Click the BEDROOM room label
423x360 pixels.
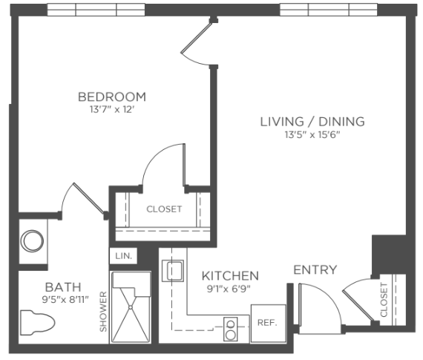[112, 97]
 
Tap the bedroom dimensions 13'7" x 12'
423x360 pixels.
[112, 110]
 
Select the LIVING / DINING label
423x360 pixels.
[312, 122]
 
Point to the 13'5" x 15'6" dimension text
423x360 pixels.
[312, 134]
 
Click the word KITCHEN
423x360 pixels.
[230, 276]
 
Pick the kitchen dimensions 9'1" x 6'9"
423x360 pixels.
[229, 289]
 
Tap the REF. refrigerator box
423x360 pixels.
[268, 324]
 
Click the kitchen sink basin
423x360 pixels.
[173, 271]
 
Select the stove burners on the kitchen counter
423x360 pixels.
[231, 330]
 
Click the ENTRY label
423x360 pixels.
[315, 270]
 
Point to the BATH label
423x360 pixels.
[63, 287]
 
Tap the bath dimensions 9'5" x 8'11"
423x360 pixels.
[65, 300]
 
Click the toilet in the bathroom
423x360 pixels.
[37, 323]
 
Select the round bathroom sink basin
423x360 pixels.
[32, 241]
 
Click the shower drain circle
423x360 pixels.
[131, 307]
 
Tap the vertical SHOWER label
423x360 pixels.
[103, 312]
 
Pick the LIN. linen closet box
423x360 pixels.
[123, 256]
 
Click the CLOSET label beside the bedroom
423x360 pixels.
[164, 209]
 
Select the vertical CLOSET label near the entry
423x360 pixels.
[384, 300]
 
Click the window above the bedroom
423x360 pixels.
[96, 10]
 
